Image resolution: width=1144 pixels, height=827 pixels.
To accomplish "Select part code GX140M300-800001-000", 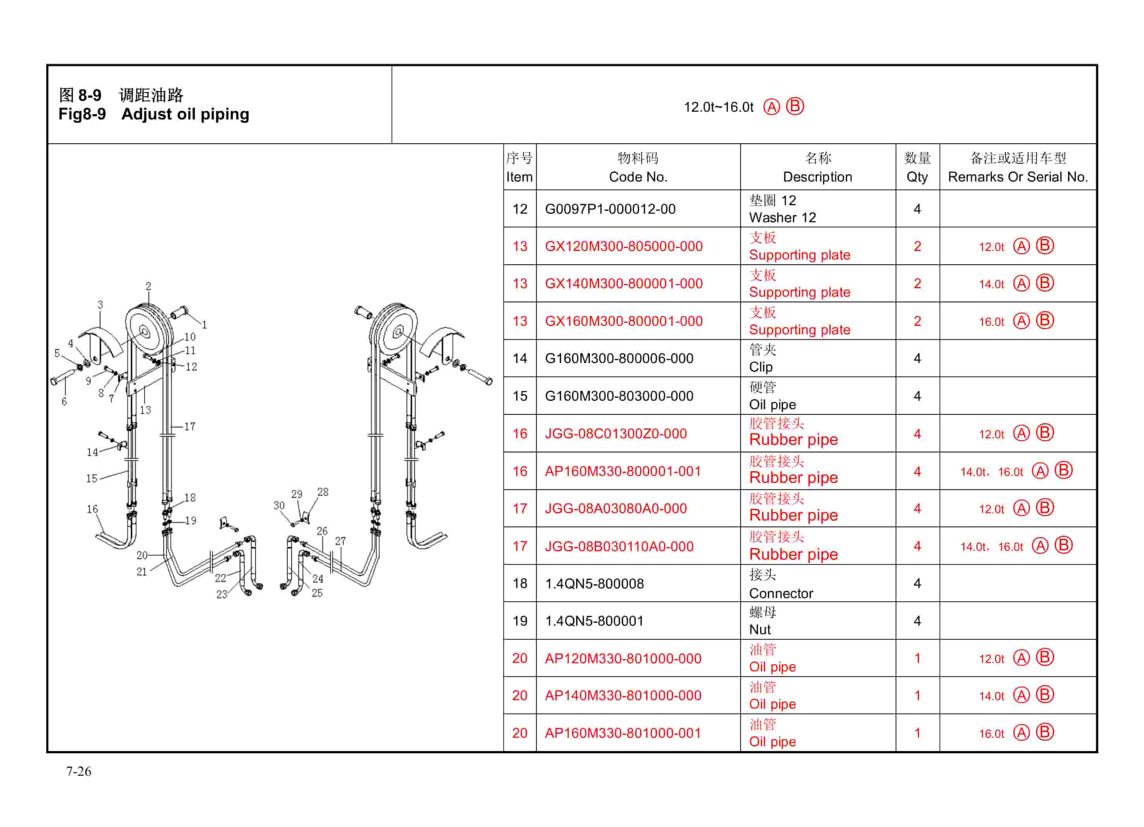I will pyautogui.click(x=624, y=284).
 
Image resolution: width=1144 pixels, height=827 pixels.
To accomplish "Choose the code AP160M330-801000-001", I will pyautogui.click(x=623, y=733).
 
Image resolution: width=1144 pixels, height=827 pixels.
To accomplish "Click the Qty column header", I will pyautogui.click(x=917, y=168).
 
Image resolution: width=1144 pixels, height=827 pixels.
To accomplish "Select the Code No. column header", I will pyautogui.click(x=638, y=168).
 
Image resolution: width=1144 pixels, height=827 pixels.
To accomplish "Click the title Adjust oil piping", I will pyautogui.click(x=185, y=114).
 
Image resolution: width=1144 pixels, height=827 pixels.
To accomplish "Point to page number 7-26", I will pyautogui.click(x=79, y=772).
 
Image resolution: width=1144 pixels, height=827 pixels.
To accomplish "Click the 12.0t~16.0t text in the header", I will pyautogui.click(x=718, y=107).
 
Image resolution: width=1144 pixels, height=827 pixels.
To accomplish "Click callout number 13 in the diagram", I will pyautogui.click(x=145, y=410).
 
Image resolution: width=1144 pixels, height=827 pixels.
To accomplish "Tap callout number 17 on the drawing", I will pyautogui.click(x=190, y=427).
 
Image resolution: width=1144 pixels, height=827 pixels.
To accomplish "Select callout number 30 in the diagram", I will pyautogui.click(x=279, y=506).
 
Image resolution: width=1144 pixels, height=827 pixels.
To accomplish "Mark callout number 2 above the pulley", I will pyautogui.click(x=148, y=286).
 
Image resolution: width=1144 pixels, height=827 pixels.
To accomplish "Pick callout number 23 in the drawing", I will pyautogui.click(x=222, y=595).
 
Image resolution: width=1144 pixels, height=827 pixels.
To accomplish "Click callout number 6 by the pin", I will pyautogui.click(x=64, y=402).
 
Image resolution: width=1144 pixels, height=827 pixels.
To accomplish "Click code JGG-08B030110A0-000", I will pyautogui.click(x=619, y=547).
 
